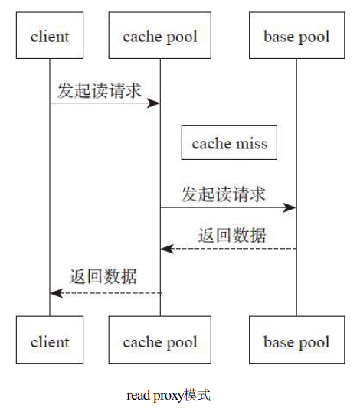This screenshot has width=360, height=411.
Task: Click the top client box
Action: [50, 36]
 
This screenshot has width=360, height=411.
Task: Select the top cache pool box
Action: [160, 36]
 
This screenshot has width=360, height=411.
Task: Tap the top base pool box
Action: [296, 36]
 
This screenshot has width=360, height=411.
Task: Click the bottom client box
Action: [50, 341]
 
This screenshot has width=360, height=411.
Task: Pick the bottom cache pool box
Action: [160, 341]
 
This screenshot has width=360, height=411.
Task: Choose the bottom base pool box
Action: [296, 341]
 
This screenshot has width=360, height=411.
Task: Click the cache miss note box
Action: [229, 143]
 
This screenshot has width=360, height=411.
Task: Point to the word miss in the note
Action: [251, 143]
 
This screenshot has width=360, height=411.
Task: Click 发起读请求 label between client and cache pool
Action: [99, 90]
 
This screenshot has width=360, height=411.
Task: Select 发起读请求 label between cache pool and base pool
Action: [223, 194]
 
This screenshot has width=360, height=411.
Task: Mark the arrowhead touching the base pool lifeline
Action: [291, 207]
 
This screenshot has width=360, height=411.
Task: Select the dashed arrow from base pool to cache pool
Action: [230, 249]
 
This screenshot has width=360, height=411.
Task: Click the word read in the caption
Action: [137, 396]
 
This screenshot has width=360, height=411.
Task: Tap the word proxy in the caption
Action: [168, 396]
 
